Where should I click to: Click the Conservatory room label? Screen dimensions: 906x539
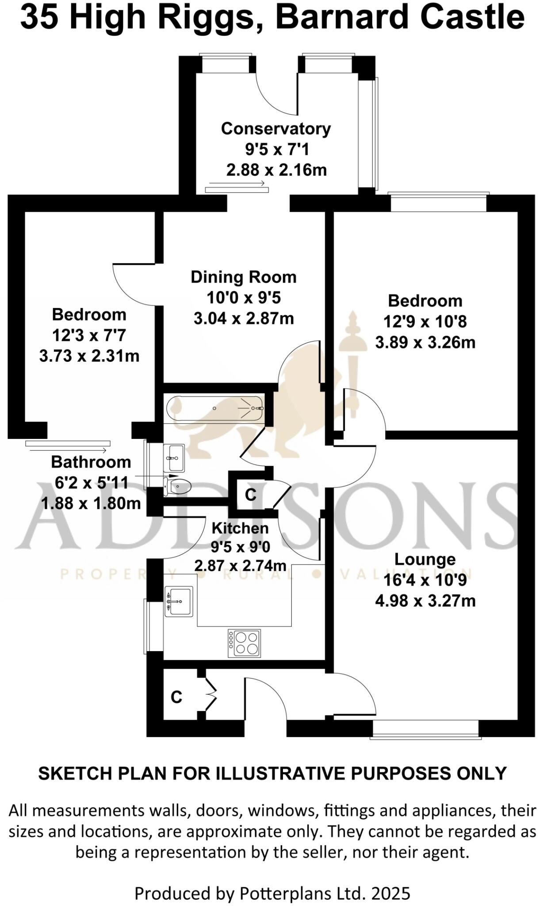[x=275, y=129]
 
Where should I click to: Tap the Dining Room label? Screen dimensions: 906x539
[x=243, y=277]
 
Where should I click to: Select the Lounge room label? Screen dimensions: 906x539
[x=424, y=559]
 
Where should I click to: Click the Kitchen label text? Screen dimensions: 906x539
[x=240, y=528]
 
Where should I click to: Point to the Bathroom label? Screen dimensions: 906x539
[x=91, y=462]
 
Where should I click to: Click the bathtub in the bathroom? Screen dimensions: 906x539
[x=215, y=408]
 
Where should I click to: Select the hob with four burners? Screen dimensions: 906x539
[x=245, y=643]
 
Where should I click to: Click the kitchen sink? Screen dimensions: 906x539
[x=179, y=601]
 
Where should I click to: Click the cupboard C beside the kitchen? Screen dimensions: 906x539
[x=250, y=495]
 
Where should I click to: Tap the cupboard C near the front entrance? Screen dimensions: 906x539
[x=176, y=697]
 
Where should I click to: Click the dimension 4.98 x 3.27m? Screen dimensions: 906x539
[x=425, y=601]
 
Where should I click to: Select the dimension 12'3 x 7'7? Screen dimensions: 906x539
[x=89, y=335]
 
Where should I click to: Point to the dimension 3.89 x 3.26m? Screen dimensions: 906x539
[x=425, y=342]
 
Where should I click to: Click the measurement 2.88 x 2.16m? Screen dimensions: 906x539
[x=276, y=170]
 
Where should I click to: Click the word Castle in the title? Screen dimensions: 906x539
[x=472, y=18]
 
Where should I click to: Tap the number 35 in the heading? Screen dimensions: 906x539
[x=40, y=18]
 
